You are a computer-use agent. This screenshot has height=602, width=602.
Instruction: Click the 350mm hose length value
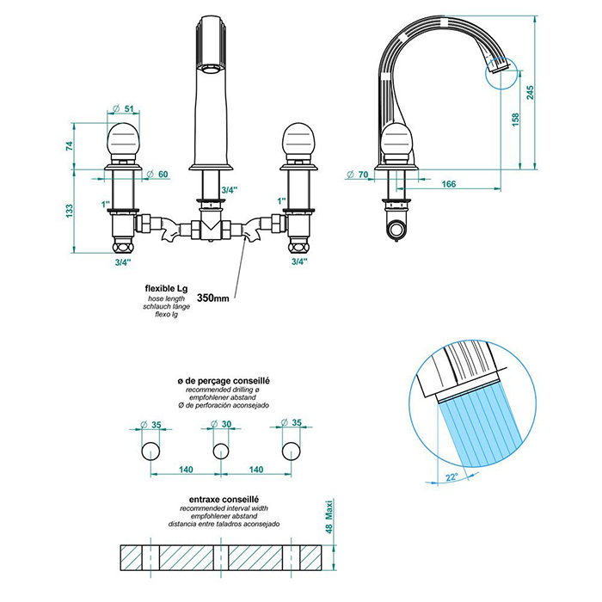(x=212, y=298)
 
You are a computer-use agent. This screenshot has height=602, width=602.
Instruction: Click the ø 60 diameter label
(x=157, y=175)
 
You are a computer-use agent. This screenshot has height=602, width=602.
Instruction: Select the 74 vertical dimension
(x=71, y=146)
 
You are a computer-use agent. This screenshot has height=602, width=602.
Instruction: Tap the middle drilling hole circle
(x=221, y=450)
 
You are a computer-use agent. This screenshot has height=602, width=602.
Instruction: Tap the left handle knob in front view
(x=124, y=139)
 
